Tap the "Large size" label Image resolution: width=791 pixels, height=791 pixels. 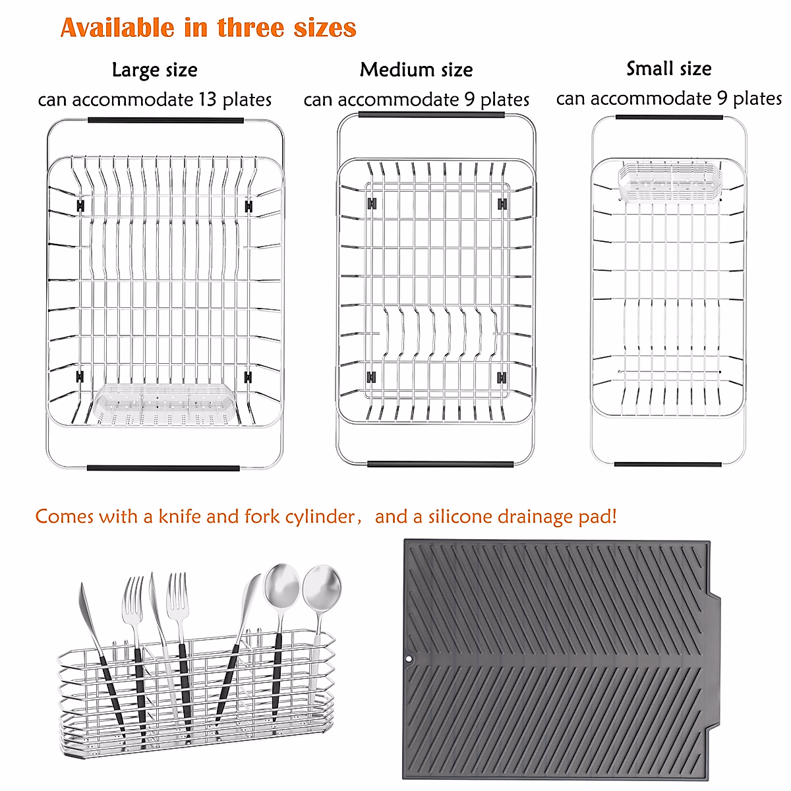[154, 70]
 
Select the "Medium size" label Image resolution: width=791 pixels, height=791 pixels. [416, 70]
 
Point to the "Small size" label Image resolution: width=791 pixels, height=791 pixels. [668, 69]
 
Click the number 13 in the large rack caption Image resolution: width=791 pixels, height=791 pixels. [207, 100]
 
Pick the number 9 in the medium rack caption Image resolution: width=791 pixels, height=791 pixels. [469, 100]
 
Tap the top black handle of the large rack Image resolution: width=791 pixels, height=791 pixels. [165, 121]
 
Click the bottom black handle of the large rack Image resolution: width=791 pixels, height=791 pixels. [163, 469]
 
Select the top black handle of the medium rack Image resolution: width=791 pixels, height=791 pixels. [431, 115]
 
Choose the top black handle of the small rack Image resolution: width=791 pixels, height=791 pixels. [668, 117]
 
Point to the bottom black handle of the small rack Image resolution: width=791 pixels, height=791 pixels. [667, 465]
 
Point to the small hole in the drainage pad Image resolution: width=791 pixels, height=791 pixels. [409, 659]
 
